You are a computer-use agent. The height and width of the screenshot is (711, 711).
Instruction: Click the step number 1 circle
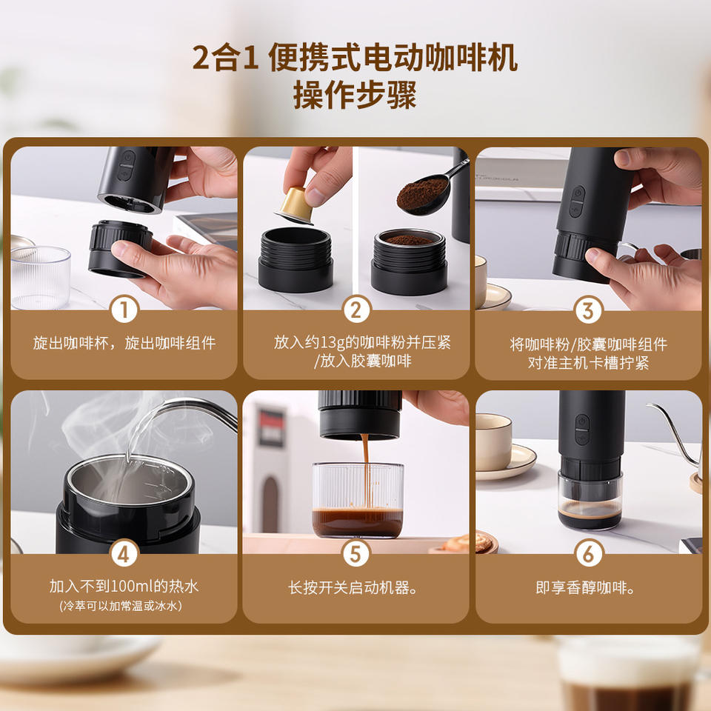point(124,310)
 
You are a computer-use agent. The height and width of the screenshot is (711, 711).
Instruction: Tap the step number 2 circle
point(356,310)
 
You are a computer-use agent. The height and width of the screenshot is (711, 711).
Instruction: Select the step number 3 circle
point(588,310)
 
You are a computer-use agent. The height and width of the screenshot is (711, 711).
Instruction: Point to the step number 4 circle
point(124,554)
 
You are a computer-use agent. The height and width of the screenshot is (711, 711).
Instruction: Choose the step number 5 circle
point(356,554)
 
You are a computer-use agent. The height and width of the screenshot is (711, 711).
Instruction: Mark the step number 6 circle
point(588,554)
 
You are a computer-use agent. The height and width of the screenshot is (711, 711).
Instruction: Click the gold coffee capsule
point(296,205)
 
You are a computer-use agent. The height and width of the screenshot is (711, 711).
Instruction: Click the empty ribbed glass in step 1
point(40,277)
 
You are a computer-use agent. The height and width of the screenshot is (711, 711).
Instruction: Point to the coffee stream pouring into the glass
point(365,472)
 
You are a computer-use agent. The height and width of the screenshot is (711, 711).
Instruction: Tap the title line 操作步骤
point(355,96)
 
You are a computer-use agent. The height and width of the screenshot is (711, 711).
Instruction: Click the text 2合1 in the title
point(225,58)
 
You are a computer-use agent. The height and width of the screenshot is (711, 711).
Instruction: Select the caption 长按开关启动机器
point(353,587)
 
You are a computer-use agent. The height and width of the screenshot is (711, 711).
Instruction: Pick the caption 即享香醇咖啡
point(585,587)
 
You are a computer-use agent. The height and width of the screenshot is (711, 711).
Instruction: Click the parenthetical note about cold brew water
point(121,606)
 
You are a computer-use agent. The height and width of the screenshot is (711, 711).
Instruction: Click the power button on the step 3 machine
point(577,193)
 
